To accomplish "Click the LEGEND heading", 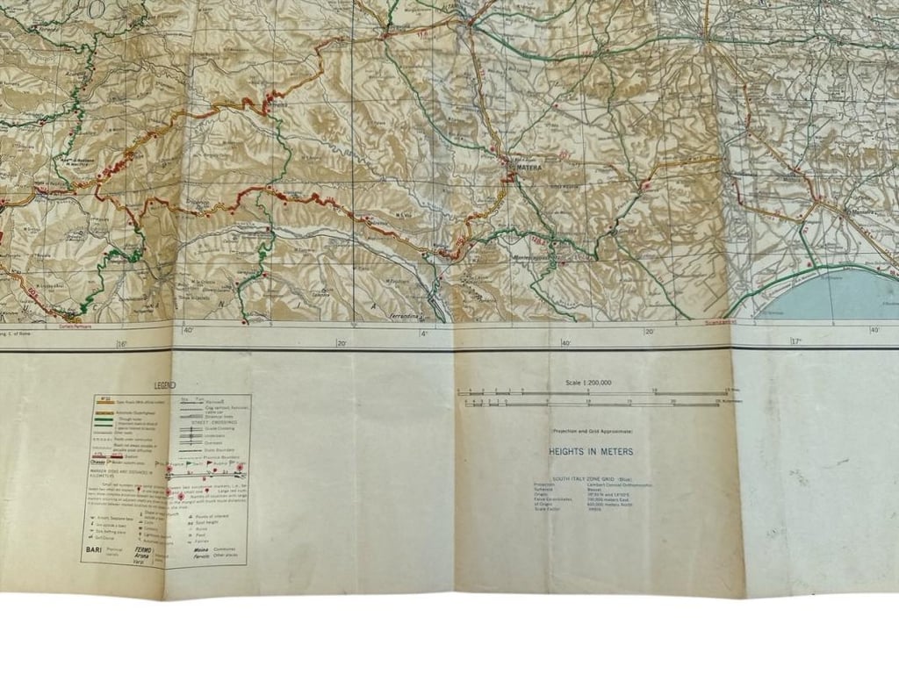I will pos(165,385).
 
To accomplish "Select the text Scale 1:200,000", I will pos(590,383).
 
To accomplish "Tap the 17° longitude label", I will pos(796,342).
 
